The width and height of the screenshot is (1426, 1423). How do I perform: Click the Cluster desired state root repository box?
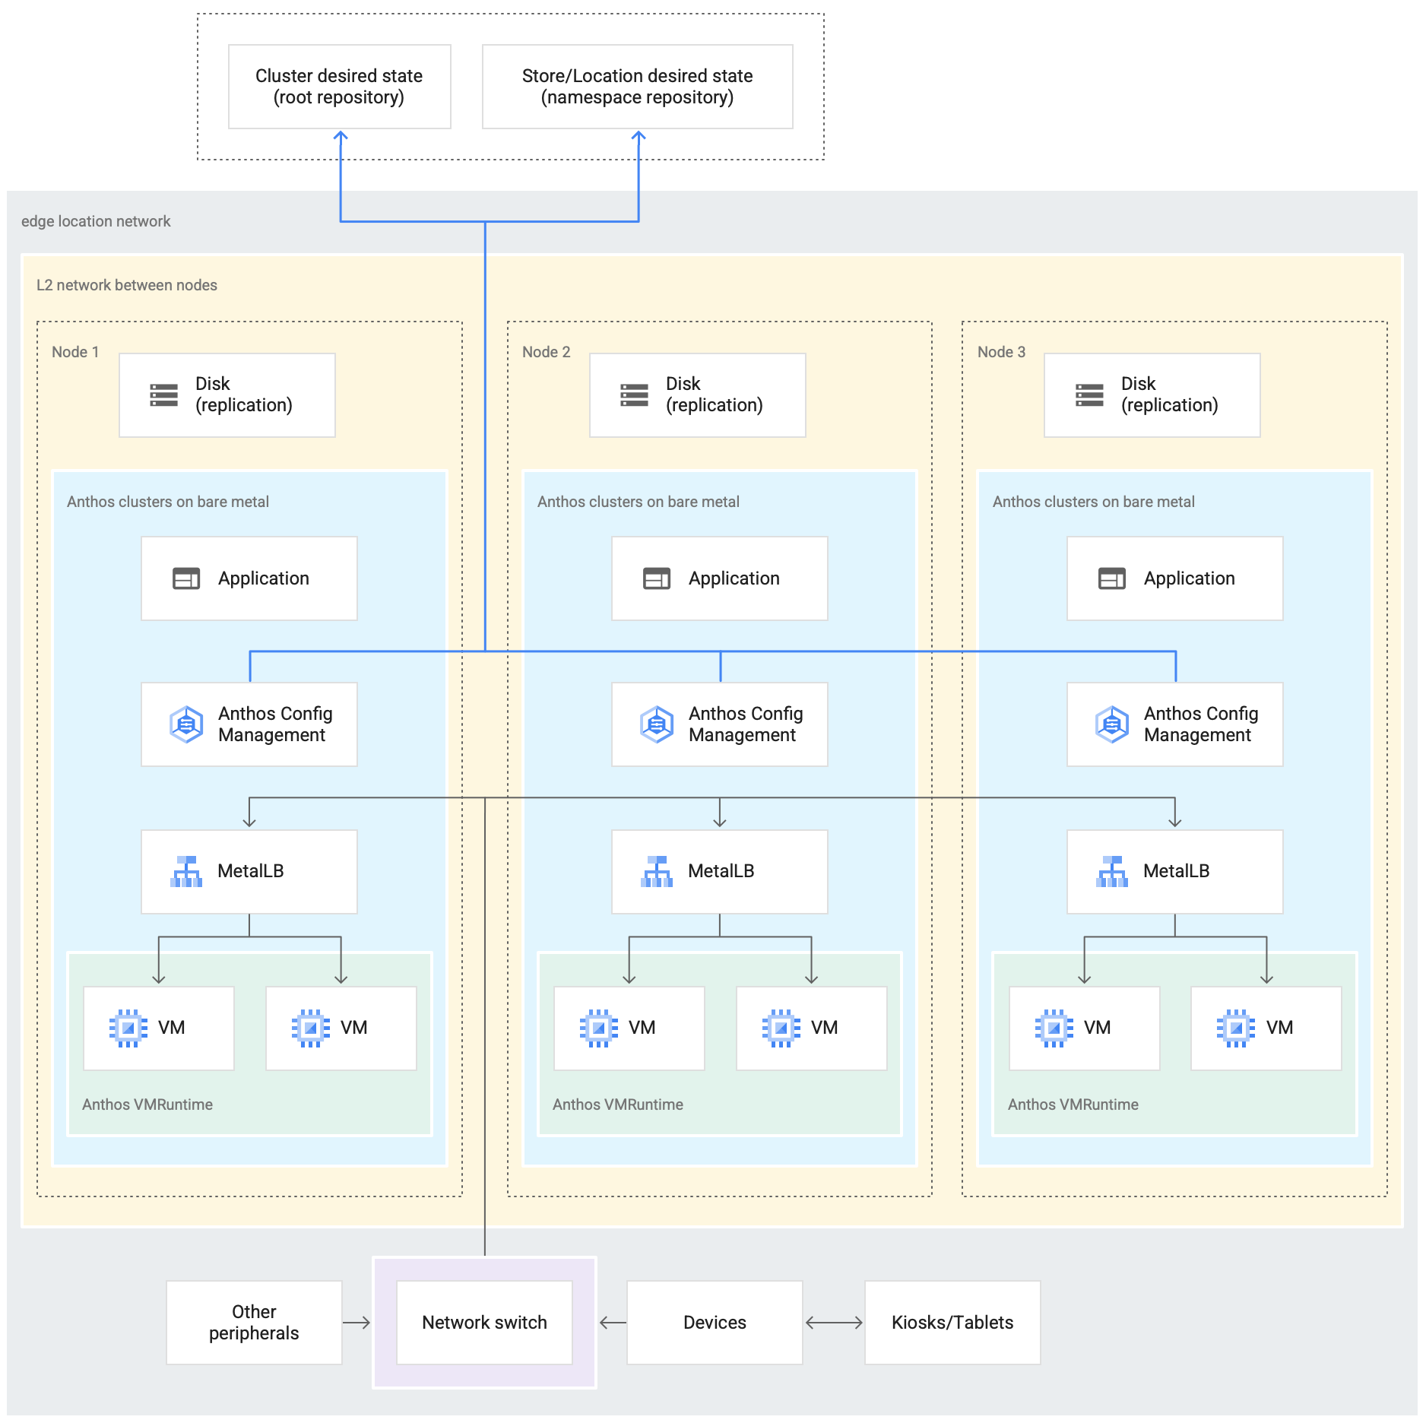pyautogui.click(x=339, y=87)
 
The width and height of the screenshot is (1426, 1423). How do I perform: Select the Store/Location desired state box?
pyautogui.click(x=637, y=87)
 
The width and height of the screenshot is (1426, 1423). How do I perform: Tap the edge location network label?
pyautogui.click(x=96, y=221)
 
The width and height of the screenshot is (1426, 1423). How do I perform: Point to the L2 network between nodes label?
pyautogui.click(x=127, y=285)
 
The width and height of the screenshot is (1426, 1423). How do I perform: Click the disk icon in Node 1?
pyautogui.click(x=164, y=395)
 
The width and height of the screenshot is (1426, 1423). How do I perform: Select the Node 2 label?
pyautogui.click(x=546, y=352)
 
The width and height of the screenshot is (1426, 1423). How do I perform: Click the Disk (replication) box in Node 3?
pyautogui.click(x=1152, y=395)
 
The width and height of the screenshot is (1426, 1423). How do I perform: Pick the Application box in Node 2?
pyautogui.click(x=719, y=578)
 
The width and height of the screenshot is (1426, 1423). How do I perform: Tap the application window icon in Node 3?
pyautogui.click(x=1111, y=578)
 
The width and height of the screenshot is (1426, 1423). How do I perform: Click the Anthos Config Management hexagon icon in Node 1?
pyautogui.click(x=186, y=724)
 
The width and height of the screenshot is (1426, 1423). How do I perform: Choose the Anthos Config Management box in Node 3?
pyautogui.click(x=1174, y=724)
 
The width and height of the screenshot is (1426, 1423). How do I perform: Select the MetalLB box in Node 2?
pyautogui.click(x=719, y=871)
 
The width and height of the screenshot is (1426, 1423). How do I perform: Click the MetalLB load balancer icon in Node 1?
pyautogui.click(x=186, y=872)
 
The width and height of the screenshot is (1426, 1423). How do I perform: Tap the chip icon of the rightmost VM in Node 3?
pyautogui.click(x=1236, y=1028)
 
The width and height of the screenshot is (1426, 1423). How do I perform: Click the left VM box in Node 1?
pyautogui.click(x=158, y=1028)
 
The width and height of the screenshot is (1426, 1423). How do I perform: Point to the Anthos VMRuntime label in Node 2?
pyautogui.click(x=617, y=1104)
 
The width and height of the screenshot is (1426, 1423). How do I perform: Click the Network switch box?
pyautogui.click(x=484, y=1323)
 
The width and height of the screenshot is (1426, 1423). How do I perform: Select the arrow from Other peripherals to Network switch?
pyautogui.click(x=356, y=1323)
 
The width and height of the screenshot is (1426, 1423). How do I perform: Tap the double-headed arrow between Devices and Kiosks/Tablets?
pyautogui.click(x=834, y=1323)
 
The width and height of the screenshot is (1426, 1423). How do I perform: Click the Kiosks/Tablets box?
pyautogui.click(x=952, y=1323)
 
